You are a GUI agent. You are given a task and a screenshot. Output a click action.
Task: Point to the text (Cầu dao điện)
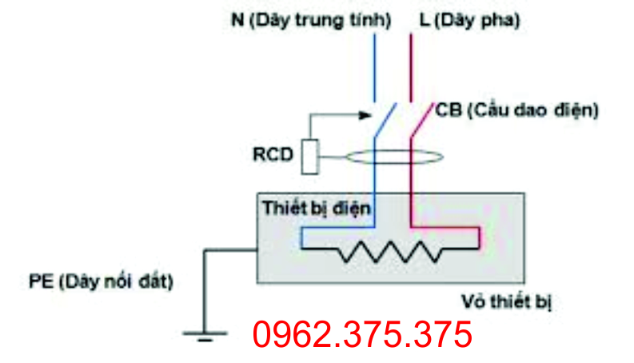coord(531,110)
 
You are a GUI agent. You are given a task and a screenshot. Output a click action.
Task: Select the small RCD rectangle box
coord(311,156)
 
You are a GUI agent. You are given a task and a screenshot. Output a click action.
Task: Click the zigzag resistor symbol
coord(389,253)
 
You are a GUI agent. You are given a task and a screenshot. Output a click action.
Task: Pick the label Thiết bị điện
coord(317,209)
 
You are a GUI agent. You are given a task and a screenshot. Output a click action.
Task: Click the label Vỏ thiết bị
coord(508,301)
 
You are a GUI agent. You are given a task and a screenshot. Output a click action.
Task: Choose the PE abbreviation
coord(35,281)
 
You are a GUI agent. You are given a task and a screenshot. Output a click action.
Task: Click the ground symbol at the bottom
coord(205,335)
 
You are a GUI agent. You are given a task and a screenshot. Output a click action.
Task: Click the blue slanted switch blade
coord(383,122)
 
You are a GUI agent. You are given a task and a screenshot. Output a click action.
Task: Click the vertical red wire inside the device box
coord(411,209)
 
